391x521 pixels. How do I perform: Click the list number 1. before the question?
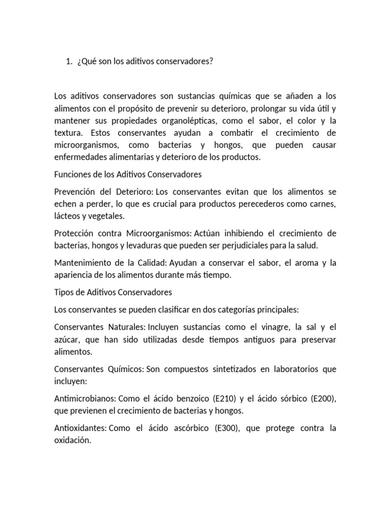[69, 62]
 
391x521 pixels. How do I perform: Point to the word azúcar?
[66, 339]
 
